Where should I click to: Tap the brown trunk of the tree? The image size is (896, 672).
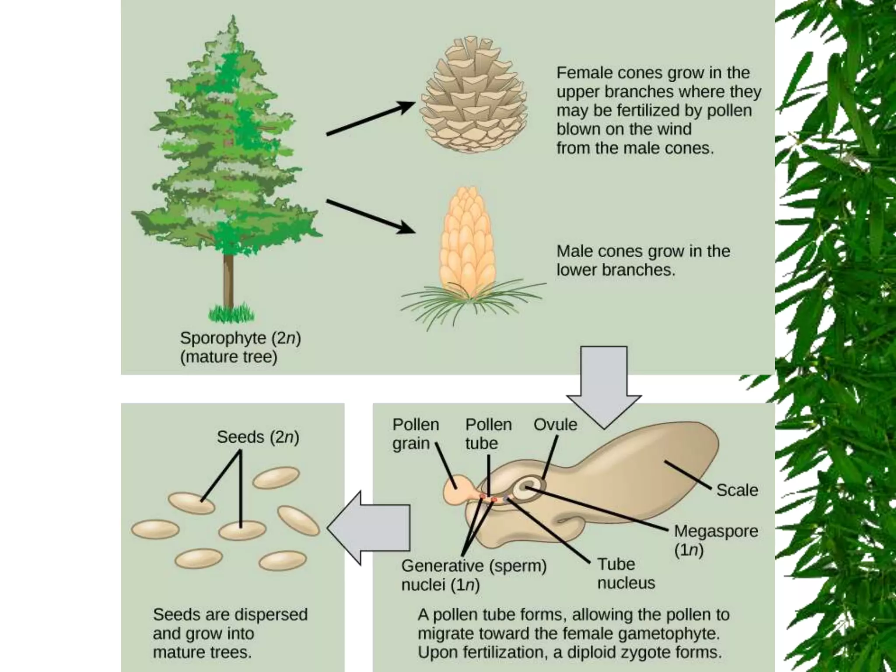pos(228,280)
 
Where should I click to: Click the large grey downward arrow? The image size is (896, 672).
pos(604,385)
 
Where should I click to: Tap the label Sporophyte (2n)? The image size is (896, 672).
pos(240,338)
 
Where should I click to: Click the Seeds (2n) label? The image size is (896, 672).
pos(258,437)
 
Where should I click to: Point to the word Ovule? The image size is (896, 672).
pos(555,424)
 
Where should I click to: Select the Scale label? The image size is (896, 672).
pos(737,490)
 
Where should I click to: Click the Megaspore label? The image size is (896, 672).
pos(716,531)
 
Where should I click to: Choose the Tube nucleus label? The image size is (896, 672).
pos(626,574)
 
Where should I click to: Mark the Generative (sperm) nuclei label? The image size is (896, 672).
pos(474,575)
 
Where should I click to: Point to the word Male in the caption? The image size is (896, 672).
pos(574,251)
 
